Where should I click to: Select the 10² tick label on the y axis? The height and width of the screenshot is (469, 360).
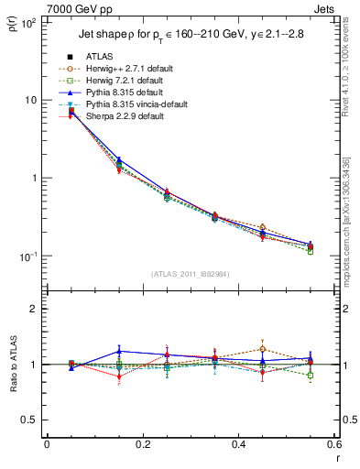(26, 22)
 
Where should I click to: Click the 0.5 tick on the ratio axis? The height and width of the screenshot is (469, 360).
(28, 420)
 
